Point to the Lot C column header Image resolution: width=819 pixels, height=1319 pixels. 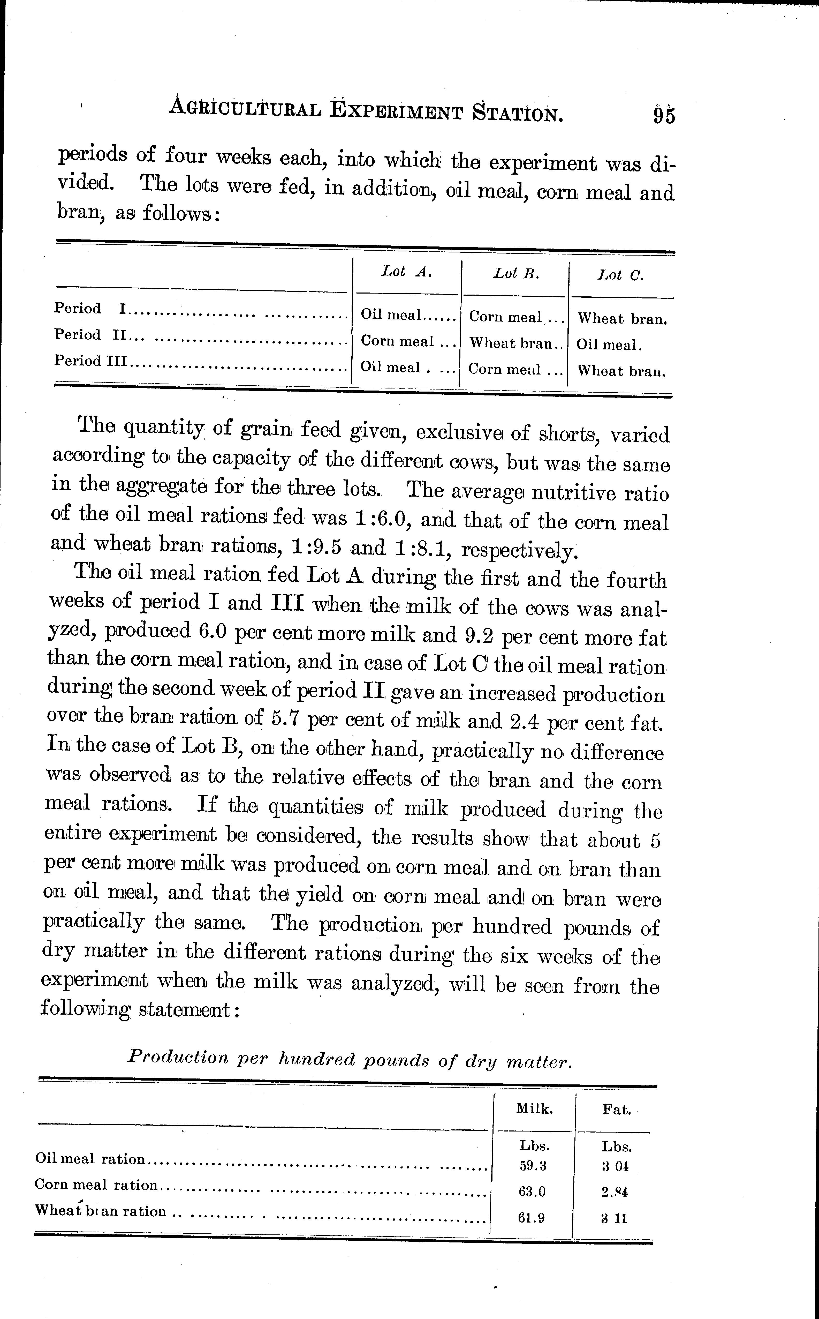click(x=621, y=275)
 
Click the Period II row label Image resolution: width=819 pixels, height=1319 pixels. click(x=89, y=335)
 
